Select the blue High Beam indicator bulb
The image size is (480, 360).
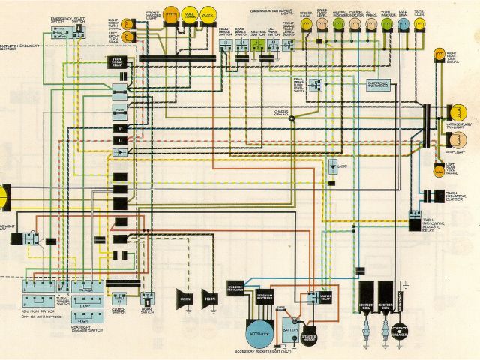(x=404, y=25)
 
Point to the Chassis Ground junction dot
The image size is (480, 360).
(x=292, y=118)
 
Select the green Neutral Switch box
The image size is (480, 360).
(x=257, y=46)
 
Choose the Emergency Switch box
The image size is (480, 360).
(x=62, y=30)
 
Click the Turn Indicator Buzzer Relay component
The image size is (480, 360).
(x=415, y=220)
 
